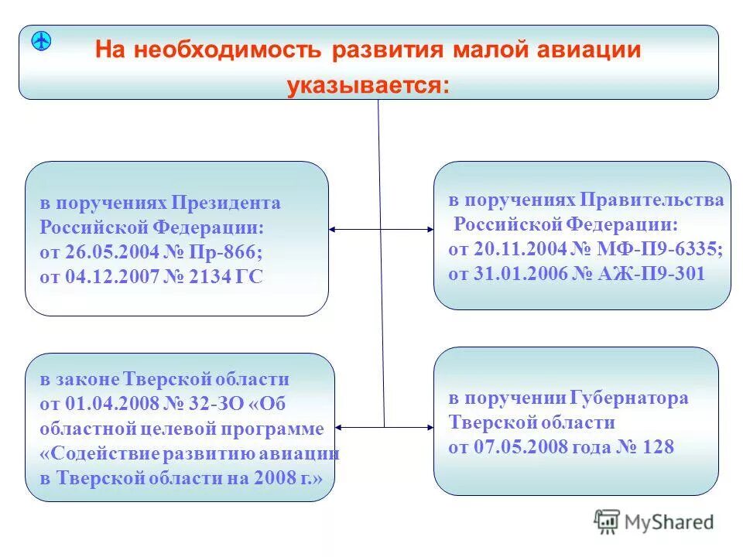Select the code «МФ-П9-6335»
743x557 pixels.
tap(661, 249)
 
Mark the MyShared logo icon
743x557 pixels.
tap(607, 522)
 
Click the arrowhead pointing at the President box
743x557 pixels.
tap(333, 229)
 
